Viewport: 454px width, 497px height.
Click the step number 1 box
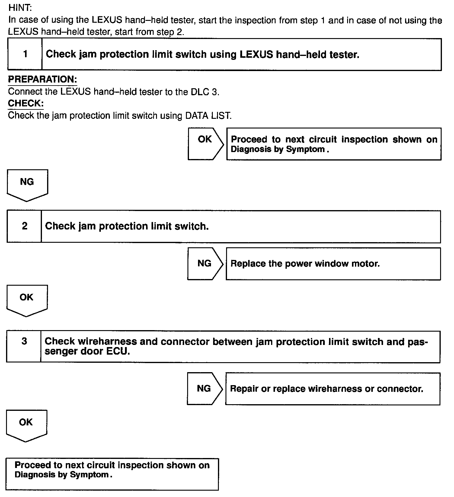click(x=25, y=54)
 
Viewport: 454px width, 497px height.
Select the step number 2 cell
click(x=24, y=226)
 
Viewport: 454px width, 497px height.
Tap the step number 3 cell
click(x=24, y=346)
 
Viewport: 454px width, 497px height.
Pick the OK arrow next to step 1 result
click(x=205, y=144)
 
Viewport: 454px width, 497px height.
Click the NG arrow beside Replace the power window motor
click(x=205, y=264)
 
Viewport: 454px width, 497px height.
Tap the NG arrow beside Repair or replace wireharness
click(x=204, y=388)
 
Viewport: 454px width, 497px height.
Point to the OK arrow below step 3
click(x=26, y=425)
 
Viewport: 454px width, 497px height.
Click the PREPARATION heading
click(x=42, y=79)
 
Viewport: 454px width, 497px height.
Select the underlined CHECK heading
click(x=26, y=103)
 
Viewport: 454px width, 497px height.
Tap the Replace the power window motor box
click(x=333, y=264)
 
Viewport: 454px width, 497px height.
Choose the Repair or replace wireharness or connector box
click(x=332, y=388)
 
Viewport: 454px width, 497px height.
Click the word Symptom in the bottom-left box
click(x=89, y=475)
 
